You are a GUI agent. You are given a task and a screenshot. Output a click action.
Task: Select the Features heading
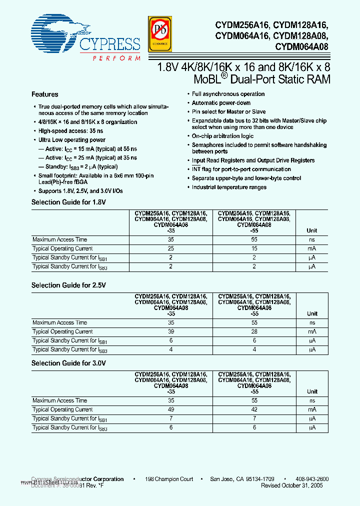pyautogui.click(x=45, y=94)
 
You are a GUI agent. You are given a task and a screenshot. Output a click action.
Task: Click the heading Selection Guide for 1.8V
pyautogui.click(x=69, y=202)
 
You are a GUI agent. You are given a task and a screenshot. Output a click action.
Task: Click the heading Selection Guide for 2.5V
pyautogui.click(x=69, y=285)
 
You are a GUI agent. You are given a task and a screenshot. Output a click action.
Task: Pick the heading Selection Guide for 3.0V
pyautogui.click(x=69, y=363)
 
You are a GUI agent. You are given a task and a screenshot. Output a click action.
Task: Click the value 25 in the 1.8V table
pyautogui.click(x=171, y=248)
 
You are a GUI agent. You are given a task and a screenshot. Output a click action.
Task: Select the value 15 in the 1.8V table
pyautogui.click(x=255, y=248)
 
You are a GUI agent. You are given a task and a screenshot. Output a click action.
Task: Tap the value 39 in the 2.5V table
pyautogui.click(x=171, y=331)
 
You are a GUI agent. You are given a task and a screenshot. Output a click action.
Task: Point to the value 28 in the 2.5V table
pyautogui.click(x=255, y=331)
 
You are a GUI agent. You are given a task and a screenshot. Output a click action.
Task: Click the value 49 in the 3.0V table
pyautogui.click(x=171, y=409)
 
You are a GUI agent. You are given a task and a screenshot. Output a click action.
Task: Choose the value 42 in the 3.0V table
pyautogui.click(x=255, y=409)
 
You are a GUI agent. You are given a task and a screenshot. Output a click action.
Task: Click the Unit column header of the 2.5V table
pyautogui.click(x=312, y=313)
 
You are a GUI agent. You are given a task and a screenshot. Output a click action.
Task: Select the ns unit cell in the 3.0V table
pyautogui.click(x=312, y=400)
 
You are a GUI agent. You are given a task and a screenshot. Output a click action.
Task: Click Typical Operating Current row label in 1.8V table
pyautogui.click(x=62, y=248)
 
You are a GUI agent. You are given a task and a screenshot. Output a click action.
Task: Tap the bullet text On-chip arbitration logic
pyautogui.click(x=222, y=136)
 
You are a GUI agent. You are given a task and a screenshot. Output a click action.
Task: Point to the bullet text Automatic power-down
pyautogui.click(x=221, y=103)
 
